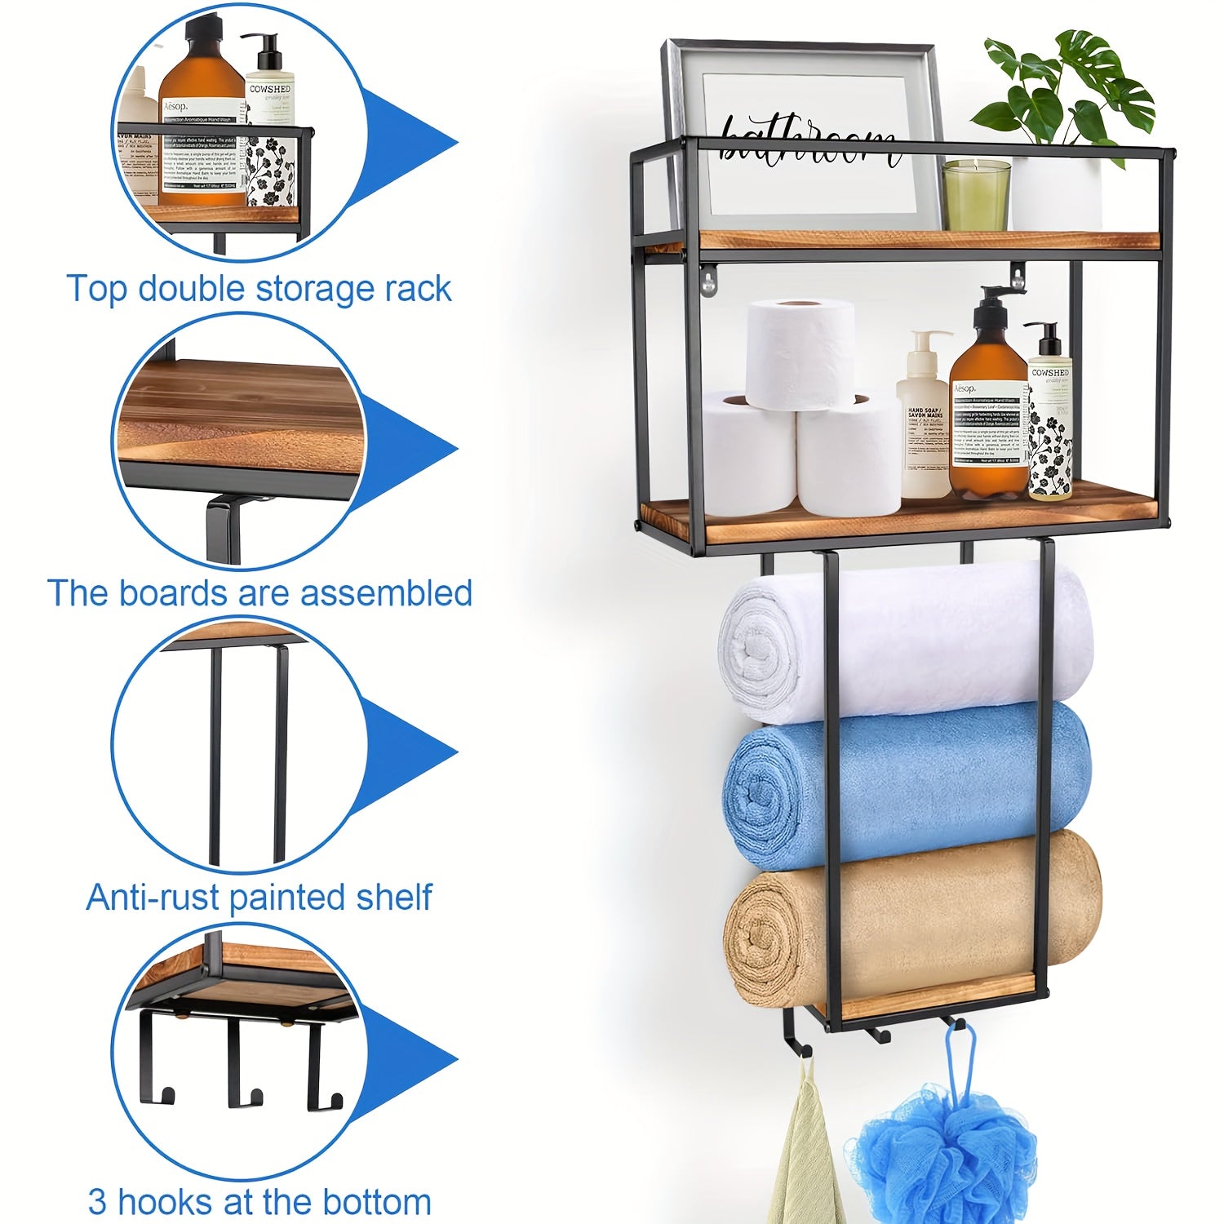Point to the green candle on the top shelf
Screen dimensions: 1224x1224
pyautogui.click(x=977, y=196)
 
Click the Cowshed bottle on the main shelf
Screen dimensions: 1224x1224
pyautogui.click(x=1049, y=424)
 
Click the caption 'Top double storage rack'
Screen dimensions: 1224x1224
pyautogui.click(x=258, y=289)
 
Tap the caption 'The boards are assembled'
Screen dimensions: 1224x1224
pyautogui.click(x=259, y=593)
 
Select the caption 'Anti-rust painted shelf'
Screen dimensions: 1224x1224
pyautogui.click(x=258, y=898)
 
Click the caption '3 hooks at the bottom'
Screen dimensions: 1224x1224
pyautogui.click(x=259, y=1202)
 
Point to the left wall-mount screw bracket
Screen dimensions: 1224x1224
pyautogui.click(x=708, y=280)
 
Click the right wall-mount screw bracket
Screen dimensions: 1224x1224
pyautogui.click(x=1018, y=275)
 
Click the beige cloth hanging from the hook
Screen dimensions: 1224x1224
pyautogui.click(x=804, y=1159)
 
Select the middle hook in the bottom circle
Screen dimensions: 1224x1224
pyautogui.click(x=243, y=1069)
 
